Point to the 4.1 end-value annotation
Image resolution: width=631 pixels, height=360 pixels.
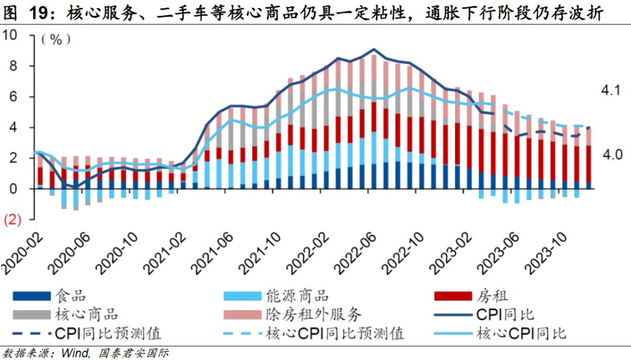611,91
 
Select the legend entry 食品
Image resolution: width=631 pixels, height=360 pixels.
70,296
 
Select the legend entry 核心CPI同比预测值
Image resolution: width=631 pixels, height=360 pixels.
335,334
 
